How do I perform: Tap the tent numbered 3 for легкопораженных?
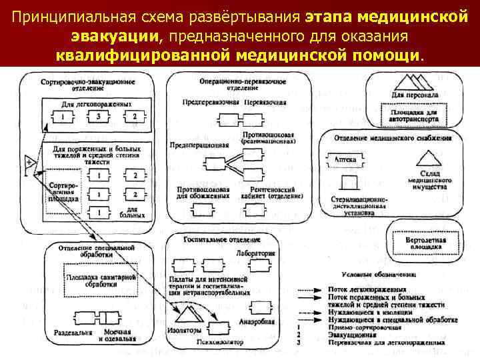point(98,119)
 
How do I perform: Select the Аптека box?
point(345,159)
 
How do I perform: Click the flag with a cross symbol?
point(30,163)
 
